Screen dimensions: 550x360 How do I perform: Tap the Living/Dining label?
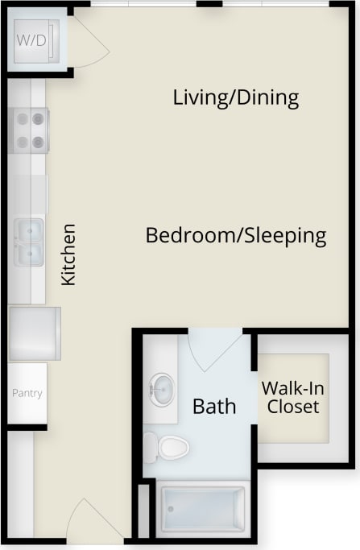[236, 98]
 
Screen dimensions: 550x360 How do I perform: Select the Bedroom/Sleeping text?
[235, 236]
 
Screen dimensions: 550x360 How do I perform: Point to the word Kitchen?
[69, 254]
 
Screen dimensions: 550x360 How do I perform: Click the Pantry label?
[27, 394]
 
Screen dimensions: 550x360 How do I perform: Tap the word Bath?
[214, 406]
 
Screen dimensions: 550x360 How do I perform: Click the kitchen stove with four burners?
[29, 130]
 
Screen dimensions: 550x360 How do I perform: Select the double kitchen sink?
[28, 242]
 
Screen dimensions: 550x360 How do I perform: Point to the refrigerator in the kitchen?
[34, 333]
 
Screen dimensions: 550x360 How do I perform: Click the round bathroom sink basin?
[162, 390]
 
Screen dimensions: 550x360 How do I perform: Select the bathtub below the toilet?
[204, 508]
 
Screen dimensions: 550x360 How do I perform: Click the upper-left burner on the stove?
[21, 118]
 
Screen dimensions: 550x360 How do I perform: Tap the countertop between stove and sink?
[29, 193]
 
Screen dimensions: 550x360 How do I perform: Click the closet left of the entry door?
[21, 483]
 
